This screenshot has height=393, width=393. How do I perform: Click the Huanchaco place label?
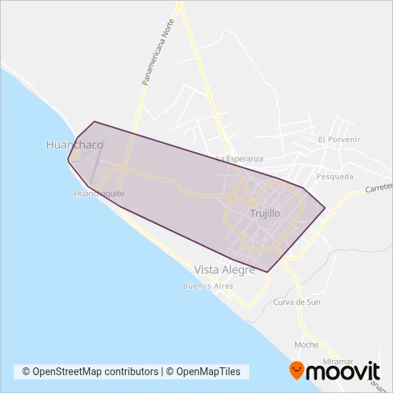[74, 144]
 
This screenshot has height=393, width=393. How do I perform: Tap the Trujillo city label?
[265, 213]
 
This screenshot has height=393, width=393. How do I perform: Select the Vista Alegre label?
[224, 269]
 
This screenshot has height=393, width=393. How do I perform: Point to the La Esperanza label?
[240, 158]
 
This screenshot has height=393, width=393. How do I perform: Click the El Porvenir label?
[339, 139]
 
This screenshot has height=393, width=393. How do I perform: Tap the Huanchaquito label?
[99, 194]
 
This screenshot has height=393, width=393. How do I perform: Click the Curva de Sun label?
[297, 302]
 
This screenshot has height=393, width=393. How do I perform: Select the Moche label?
[306, 344]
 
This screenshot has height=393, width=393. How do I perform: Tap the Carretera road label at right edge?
[379, 188]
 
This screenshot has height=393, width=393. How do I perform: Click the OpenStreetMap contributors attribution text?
[90, 372]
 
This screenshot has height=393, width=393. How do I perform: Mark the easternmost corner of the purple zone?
[325, 208]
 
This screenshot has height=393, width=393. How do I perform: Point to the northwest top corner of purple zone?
[94, 121]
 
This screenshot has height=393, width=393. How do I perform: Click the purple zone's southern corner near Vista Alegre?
[267, 272]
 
